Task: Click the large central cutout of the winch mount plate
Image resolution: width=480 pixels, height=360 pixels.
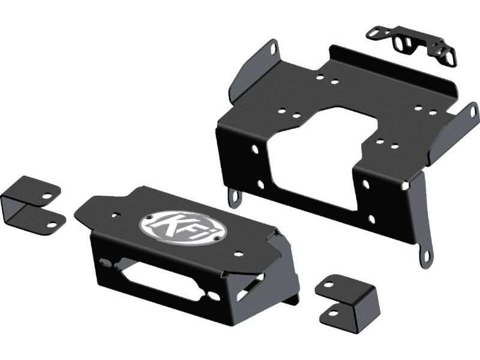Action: pyautogui.click(x=319, y=156)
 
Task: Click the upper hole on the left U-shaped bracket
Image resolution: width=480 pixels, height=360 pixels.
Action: pyautogui.click(x=47, y=196)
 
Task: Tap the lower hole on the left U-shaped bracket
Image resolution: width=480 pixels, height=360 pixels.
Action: pyautogui.click(x=52, y=225)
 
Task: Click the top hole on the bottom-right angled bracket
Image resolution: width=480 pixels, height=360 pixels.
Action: pyautogui.click(x=328, y=284)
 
